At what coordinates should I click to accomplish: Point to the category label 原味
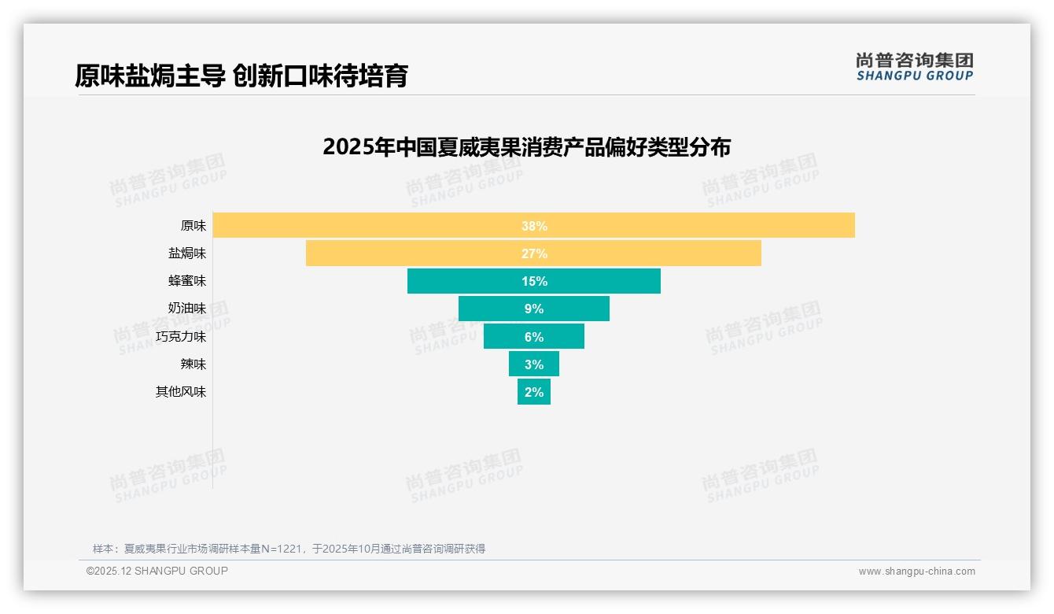coord(193,226)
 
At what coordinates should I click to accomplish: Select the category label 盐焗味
coord(187,253)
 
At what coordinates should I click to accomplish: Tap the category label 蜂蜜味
coord(187,281)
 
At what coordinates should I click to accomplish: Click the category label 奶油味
coord(187,309)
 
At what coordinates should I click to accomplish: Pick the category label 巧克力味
coord(181,337)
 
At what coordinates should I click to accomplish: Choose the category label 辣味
coord(193,364)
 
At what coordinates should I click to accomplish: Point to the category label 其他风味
coord(181,392)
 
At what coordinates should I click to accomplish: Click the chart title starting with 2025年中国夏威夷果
coord(526,147)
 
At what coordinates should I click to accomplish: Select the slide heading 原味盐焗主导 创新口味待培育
coord(241,76)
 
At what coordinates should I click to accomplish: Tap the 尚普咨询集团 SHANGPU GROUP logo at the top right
coord(914,67)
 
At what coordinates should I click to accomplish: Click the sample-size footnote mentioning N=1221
coord(289,549)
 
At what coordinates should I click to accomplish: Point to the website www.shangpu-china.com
coord(916,571)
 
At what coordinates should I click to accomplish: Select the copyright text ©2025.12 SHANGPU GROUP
coord(157,571)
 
